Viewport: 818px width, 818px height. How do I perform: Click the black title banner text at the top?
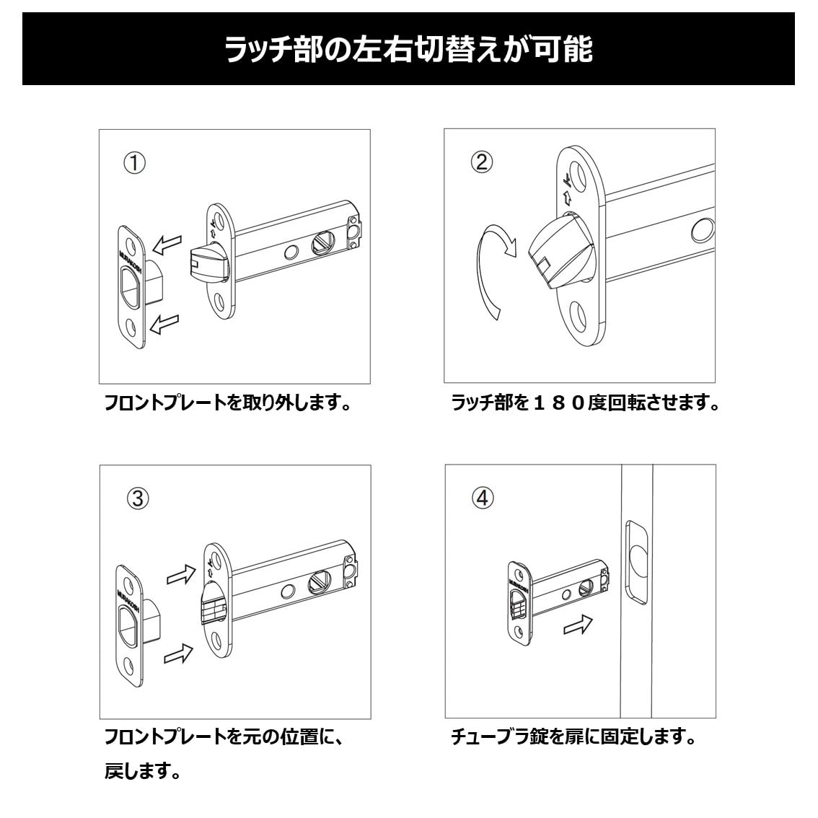click(x=408, y=50)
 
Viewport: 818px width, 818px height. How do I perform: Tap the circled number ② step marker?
click(x=481, y=162)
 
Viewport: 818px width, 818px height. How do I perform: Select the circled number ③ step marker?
click(x=137, y=498)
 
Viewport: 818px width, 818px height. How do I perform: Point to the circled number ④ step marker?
click(x=483, y=498)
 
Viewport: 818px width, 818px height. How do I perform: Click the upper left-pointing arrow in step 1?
click(x=167, y=245)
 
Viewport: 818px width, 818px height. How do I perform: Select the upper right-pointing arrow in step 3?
click(x=180, y=575)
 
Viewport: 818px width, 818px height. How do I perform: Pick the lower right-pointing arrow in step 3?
click(x=179, y=654)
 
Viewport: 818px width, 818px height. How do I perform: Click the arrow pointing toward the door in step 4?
click(x=578, y=625)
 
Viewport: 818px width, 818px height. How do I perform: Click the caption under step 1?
click(x=228, y=403)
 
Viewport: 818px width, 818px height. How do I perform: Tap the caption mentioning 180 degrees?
click(x=585, y=403)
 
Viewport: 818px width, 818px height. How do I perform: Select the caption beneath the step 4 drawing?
click(x=573, y=738)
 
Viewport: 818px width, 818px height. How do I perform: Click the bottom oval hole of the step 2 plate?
click(x=578, y=317)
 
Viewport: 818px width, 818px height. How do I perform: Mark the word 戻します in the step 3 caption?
click(x=142, y=773)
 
